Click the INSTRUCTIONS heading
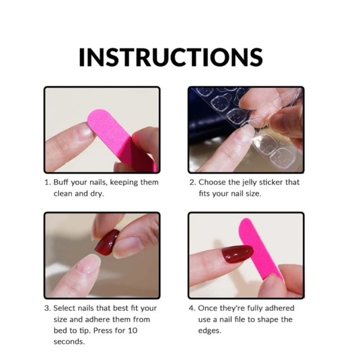pos(171,57)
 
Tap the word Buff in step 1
pos(61,182)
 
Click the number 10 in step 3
pos(133,331)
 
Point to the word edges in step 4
pos(210,331)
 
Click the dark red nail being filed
pos(237,254)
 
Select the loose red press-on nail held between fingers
pos(107,242)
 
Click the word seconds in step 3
pos(69,342)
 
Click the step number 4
pos(192,308)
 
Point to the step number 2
pos(192,182)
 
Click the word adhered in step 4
pos(280,308)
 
